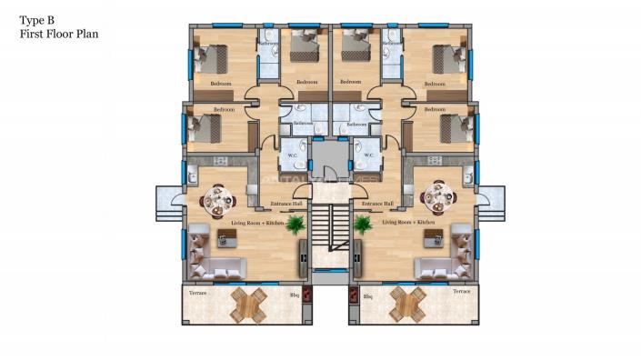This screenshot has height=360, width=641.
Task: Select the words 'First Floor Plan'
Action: [58, 34]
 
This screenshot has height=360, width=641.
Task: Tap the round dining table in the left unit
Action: [218, 197]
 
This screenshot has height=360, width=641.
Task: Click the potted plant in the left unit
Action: [295, 225]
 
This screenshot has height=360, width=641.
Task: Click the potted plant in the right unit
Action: [362, 225]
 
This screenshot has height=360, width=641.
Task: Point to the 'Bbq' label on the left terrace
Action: [294, 295]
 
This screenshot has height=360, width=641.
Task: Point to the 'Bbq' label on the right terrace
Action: [367, 295]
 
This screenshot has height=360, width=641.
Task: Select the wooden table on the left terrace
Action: [249, 303]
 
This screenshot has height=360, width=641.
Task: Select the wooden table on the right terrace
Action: [407, 303]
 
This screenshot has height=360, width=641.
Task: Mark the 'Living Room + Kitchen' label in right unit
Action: [408, 222]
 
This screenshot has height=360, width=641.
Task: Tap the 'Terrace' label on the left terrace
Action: [198, 292]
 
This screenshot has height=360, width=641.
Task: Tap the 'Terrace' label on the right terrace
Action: [461, 292]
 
